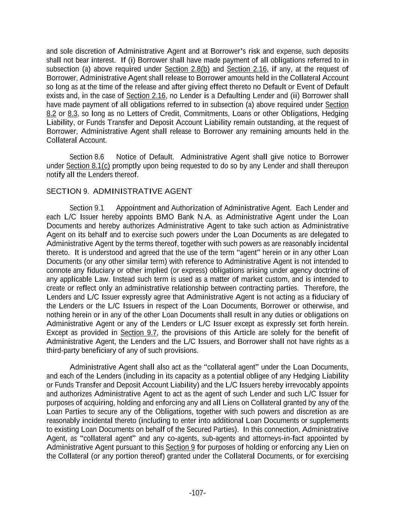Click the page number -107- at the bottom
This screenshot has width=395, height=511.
(x=197, y=493)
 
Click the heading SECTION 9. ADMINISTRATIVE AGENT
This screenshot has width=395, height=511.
(x=119, y=191)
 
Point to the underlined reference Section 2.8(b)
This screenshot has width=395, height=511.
(x=187, y=69)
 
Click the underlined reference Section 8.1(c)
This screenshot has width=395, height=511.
(x=88, y=166)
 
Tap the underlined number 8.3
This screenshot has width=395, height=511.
(x=72, y=113)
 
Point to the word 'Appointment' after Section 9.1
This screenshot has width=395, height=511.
(x=135, y=208)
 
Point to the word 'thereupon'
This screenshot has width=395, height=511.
(x=331, y=166)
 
